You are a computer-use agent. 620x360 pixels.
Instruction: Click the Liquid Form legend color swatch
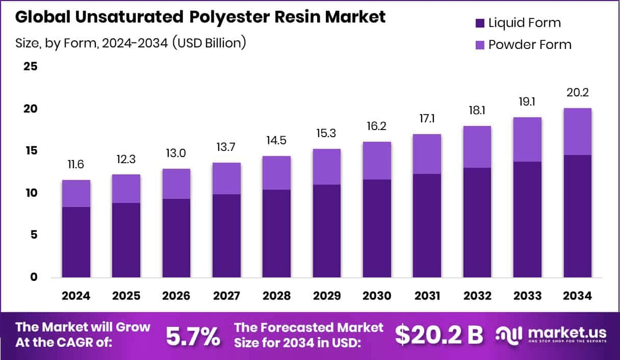click(480, 23)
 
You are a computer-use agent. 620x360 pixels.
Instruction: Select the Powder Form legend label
click(530, 45)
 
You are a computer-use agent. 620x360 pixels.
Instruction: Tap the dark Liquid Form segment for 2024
click(76, 242)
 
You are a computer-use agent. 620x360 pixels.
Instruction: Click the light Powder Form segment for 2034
click(578, 132)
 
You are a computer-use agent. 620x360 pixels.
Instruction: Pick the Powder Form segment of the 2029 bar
click(327, 167)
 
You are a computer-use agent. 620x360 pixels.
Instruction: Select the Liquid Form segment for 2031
click(427, 225)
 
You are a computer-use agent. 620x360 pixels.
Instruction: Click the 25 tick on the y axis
click(30, 67)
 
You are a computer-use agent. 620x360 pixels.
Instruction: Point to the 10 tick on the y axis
click(30, 193)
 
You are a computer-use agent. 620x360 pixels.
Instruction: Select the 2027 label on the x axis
click(227, 296)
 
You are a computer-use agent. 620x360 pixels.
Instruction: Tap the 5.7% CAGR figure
click(193, 336)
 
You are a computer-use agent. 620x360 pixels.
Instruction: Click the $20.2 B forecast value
click(439, 335)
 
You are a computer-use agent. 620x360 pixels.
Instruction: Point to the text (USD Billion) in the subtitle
click(210, 43)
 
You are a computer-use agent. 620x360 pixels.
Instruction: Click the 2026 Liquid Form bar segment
click(176, 238)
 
